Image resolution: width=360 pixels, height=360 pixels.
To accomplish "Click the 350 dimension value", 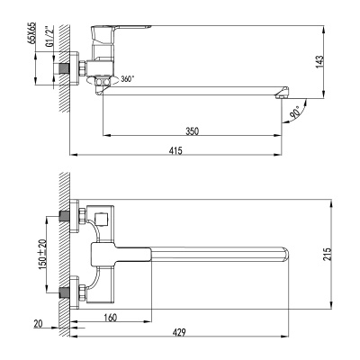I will tap(193, 131).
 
